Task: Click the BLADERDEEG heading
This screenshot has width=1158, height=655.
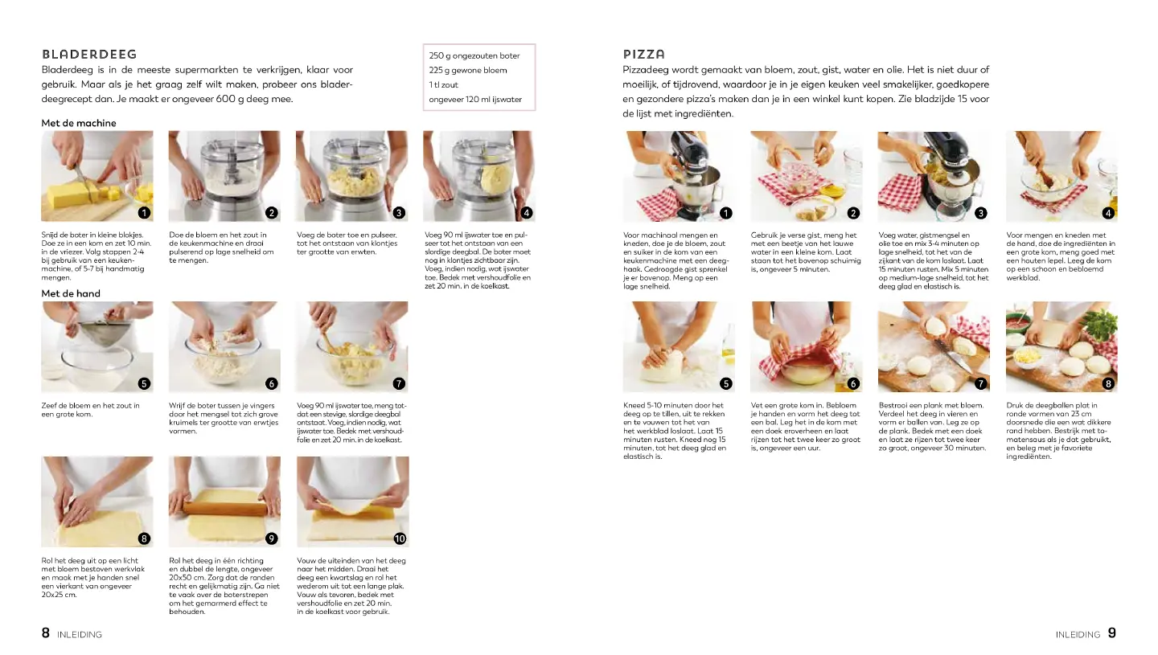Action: (89, 54)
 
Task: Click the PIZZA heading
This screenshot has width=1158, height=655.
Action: (643, 54)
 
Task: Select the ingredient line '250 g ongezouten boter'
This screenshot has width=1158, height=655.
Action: (474, 55)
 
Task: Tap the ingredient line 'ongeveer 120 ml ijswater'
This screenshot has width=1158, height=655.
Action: (475, 99)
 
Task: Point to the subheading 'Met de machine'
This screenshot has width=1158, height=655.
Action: (79, 123)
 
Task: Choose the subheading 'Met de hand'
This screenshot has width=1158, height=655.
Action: (71, 293)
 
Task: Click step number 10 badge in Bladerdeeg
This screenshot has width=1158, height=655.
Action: (400, 538)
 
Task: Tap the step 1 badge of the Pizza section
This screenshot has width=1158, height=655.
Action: (726, 213)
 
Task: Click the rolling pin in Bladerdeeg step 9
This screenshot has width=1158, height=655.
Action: (225, 507)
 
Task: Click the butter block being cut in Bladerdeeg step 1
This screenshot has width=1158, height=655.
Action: (70, 194)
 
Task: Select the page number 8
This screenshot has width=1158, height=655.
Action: (46, 632)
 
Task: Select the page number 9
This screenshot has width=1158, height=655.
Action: (1112, 632)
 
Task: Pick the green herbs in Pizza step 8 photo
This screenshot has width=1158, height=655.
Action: (1101, 325)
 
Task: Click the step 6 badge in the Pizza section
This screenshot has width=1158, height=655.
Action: (853, 383)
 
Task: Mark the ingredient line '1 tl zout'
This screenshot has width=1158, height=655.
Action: (444, 84)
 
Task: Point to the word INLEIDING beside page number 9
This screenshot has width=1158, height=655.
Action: (1078, 634)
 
